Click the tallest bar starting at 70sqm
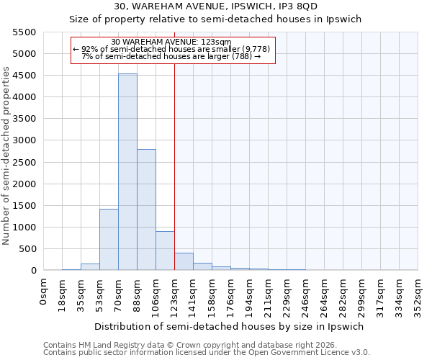[x=127, y=172]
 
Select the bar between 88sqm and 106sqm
[x=146, y=210]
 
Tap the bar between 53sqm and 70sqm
[x=109, y=240]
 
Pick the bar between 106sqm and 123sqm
[x=165, y=251]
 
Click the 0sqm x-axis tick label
[x=44, y=289]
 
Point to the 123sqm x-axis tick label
[x=174, y=294]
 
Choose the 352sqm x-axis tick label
[x=418, y=294]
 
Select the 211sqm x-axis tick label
[x=268, y=294]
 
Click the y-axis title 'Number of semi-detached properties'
[x=7, y=156]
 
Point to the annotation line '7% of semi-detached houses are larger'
[x=171, y=56]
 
